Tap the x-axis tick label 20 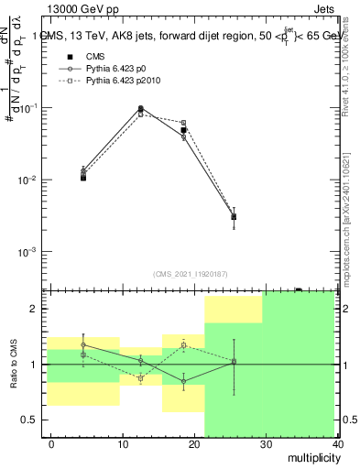(194, 444)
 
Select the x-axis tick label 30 (266, 444)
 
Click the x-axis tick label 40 (336, 444)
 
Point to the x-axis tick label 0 (51, 444)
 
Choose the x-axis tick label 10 (123, 444)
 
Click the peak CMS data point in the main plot (140, 110)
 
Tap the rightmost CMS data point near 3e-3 (234, 217)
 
